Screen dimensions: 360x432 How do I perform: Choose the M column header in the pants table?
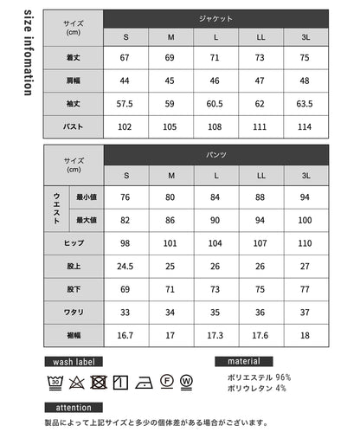tap(170, 176)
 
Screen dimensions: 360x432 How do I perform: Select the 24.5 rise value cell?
tap(126, 267)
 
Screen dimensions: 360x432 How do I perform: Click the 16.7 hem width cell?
tap(126, 334)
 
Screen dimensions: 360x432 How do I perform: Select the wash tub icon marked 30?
tap(54, 382)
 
